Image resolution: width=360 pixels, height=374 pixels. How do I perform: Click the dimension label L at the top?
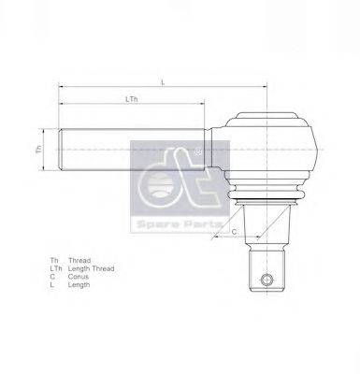162,82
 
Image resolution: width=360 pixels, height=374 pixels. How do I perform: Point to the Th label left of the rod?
39,149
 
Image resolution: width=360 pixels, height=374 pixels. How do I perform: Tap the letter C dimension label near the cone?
234,231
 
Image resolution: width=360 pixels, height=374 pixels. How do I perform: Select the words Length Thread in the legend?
94,268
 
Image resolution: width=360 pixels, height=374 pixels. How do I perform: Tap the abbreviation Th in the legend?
54,260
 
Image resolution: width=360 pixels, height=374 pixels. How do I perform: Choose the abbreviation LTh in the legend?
56,268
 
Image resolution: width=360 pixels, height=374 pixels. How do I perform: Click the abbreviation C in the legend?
53,277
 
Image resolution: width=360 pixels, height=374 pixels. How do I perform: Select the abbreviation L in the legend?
52,285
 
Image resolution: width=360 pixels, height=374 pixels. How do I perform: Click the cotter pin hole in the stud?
268,278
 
